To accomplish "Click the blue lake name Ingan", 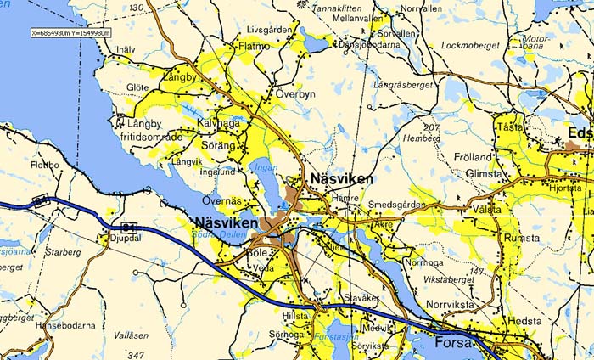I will [265, 167].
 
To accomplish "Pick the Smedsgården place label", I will [396, 205].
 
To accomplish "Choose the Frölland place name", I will [473, 158].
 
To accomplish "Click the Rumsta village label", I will [522, 239].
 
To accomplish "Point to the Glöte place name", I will [137, 87].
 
